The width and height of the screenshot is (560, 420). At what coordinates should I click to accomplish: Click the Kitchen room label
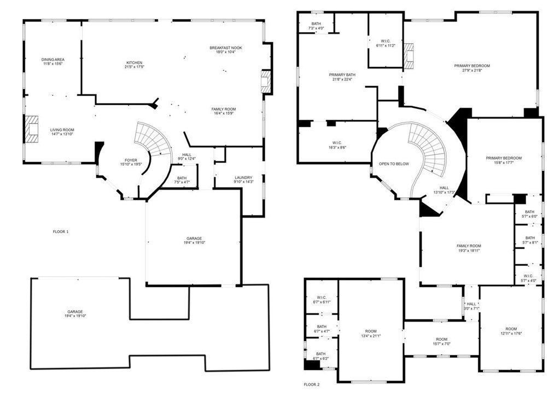click(133, 63)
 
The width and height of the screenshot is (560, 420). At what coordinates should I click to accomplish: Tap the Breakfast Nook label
click(225, 48)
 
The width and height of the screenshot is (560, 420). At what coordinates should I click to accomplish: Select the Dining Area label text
click(52, 60)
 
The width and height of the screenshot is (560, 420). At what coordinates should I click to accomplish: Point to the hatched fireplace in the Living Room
click(32, 130)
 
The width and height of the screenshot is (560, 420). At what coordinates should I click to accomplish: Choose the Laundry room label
click(243, 178)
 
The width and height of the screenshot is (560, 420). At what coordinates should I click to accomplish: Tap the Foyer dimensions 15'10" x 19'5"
click(131, 164)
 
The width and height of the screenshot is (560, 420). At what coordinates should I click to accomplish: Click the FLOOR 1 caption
click(61, 232)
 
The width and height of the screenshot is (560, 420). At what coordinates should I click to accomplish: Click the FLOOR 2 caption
click(312, 384)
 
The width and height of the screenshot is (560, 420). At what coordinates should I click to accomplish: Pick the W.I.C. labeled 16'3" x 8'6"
click(337, 144)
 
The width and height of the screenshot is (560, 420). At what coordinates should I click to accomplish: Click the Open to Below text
click(394, 164)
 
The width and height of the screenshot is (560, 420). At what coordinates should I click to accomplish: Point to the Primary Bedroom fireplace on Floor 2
click(410, 54)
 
